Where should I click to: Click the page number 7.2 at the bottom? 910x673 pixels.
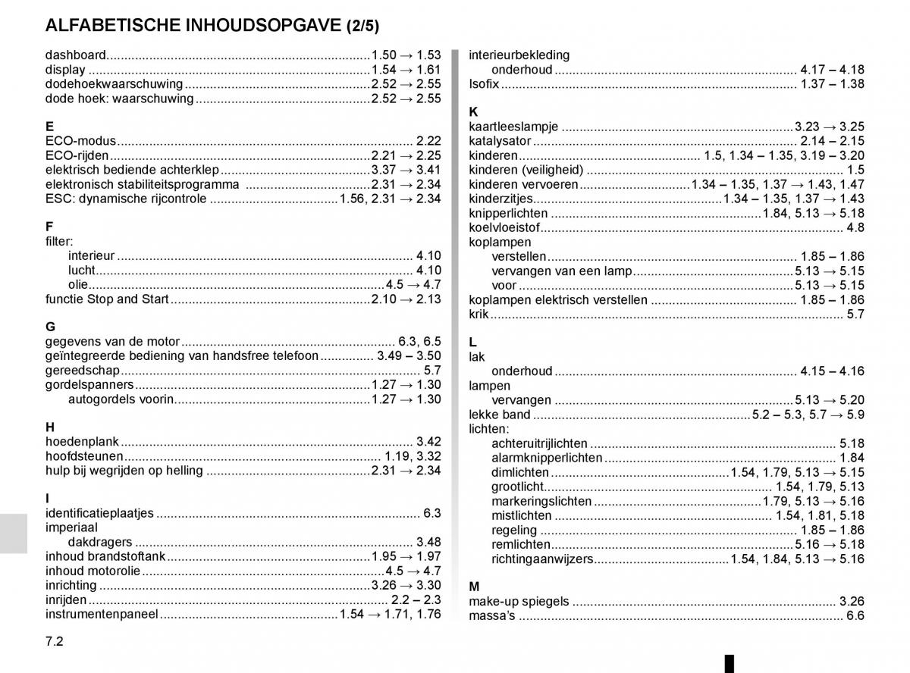point(54,640)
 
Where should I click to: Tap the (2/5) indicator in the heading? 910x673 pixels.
point(362,26)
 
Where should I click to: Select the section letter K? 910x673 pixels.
point(474,112)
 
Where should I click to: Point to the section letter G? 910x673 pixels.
point(50,327)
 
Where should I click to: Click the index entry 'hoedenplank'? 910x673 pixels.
point(81,442)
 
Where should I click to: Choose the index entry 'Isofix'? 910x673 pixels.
point(484,84)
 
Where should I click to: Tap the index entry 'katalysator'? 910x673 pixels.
point(500,141)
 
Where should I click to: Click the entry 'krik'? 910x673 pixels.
point(479,314)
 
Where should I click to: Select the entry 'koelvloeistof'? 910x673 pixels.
point(504,227)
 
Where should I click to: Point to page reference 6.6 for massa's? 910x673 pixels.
point(855,615)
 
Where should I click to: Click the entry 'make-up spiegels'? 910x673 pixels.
point(519,601)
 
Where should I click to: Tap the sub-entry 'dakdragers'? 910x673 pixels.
point(100,542)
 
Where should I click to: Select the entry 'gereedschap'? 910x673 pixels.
point(83,371)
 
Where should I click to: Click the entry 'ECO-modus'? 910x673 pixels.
point(80,141)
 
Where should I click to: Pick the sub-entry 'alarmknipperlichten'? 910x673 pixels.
point(547,458)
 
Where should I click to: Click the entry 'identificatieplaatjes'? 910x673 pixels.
point(99,513)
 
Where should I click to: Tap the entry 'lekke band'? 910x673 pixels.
point(500,415)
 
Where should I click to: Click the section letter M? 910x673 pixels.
point(475,587)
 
